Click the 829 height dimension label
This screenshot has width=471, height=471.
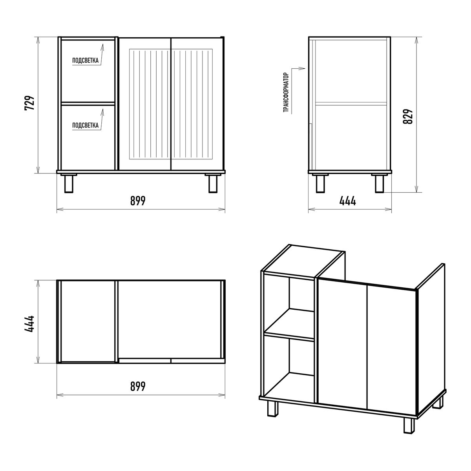click(x=408, y=116)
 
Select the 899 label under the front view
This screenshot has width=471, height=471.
click(x=138, y=201)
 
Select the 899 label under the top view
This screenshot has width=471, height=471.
click(x=138, y=386)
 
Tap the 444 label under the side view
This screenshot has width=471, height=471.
click(x=348, y=201)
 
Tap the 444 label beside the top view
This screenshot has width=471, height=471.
click(x=30, y=324)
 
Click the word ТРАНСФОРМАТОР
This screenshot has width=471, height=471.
click(x=286, y=93)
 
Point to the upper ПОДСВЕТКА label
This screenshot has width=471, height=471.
click(x=85, y=60)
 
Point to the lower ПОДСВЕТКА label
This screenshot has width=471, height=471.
click(x=85, y=125)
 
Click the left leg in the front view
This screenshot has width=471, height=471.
click(x=69, y=184)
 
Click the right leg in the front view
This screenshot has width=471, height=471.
click(x=213, y=184)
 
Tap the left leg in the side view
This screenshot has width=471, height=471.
click(x=320, y=184)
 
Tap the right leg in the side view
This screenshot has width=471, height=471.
click(x=379, y=184)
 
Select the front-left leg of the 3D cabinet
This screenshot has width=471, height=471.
click(x=273, y=408)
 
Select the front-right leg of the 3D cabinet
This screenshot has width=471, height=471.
click(x=409, y=425)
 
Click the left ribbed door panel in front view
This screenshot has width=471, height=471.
click(x=150, y=104)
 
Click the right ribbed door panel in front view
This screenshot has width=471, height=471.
click(x=192, y=104)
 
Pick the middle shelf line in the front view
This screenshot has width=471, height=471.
click(x=88, y=104)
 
